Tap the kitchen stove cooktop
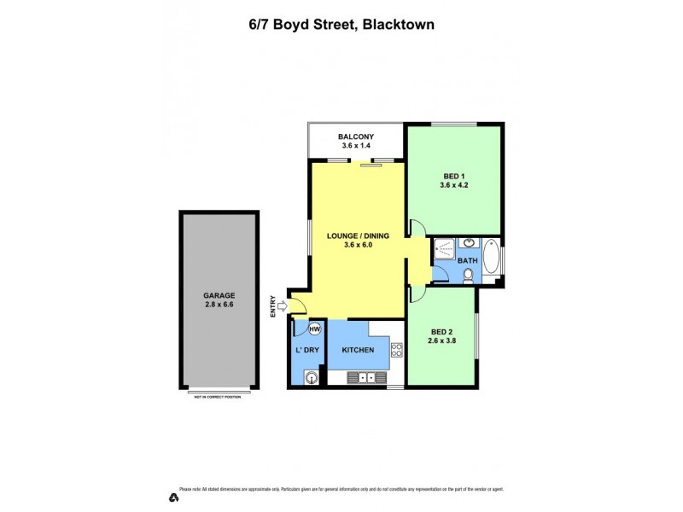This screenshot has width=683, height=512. point(396,350)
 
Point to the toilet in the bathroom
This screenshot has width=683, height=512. point(469,274)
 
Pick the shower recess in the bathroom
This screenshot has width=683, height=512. point(445,249)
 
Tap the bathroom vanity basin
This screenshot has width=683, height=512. point(469,243)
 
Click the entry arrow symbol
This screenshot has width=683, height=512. point(283,305)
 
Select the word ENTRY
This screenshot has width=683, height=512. point(273,305)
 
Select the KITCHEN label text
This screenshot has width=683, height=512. point(359,351)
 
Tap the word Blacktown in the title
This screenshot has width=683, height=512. point(399,25)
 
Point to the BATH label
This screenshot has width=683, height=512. point(468,259)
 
